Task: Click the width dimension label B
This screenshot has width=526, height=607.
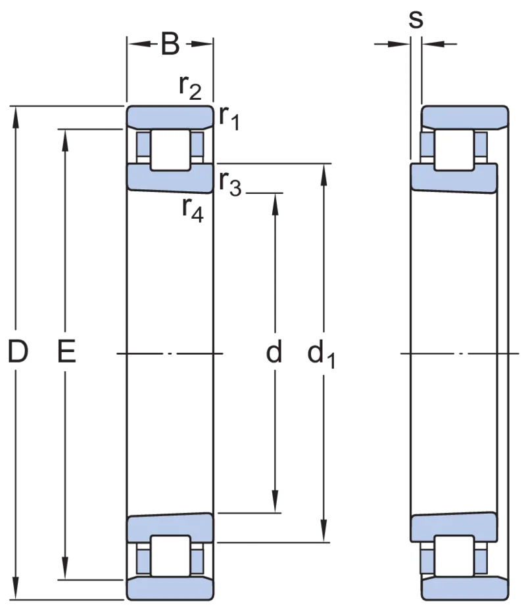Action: click(x=170, y=44)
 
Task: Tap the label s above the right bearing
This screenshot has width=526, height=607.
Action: click(x=416, y=19)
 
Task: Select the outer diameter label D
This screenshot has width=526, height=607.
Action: click(x=18, y=351)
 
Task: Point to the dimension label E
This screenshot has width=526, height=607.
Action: click(x=66, y=351)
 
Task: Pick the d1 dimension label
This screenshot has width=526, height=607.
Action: click(x=321, y=354)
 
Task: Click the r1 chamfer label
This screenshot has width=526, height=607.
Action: click(x=229, y=118)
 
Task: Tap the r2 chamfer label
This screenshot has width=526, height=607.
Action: click(x=190, y=88)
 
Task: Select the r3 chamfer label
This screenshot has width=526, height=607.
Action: click(x=230, y=183)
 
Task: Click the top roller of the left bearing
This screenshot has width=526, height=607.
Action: click(x=170, y=150)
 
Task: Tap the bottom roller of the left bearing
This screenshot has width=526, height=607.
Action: click(x=170, y=556)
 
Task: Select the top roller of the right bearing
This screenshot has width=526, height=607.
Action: click(x=454, y=150)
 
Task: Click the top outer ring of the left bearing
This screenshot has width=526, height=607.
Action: click(x=170, y=117)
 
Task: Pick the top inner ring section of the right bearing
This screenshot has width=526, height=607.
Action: click(x=454, y=178)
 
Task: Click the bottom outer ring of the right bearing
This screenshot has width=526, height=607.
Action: click(x=465, y=589)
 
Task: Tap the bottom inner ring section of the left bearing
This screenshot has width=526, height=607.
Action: click(x=170, y=528)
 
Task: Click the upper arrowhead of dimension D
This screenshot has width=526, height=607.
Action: click(x=16, y=116)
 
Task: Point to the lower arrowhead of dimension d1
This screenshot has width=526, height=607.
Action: click(x=323, y=531)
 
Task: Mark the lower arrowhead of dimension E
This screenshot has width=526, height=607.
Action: click(x=65, y=569)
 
